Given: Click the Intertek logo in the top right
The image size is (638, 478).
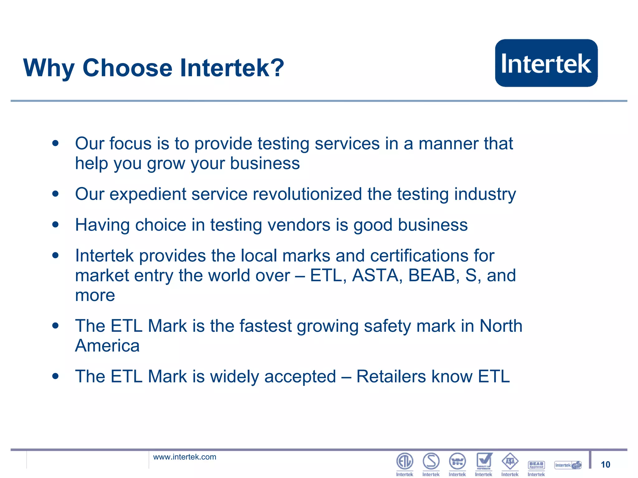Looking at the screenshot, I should tap(546, 63).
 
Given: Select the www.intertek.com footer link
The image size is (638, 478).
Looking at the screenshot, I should tap(184, 457).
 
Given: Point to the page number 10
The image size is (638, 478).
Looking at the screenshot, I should tap(605, 465).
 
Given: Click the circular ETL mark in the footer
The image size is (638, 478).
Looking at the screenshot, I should tap(404, 461).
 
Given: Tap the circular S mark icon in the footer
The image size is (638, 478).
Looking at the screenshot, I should tap(431, 461).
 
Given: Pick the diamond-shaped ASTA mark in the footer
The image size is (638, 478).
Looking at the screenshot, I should tap(510, 461).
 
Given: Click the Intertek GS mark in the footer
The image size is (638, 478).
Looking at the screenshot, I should tap(568, 465).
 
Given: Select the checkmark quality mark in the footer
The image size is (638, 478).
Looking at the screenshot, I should tap(484, 461).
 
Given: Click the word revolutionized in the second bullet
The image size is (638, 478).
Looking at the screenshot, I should tap(307, 194).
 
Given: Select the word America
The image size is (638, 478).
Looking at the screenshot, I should tap(107, 346).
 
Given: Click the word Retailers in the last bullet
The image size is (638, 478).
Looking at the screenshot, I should tap(391, 377).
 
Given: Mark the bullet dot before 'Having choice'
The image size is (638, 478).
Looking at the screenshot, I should tap(55, 224).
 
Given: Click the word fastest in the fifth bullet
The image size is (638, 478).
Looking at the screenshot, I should tap(265, 326).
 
